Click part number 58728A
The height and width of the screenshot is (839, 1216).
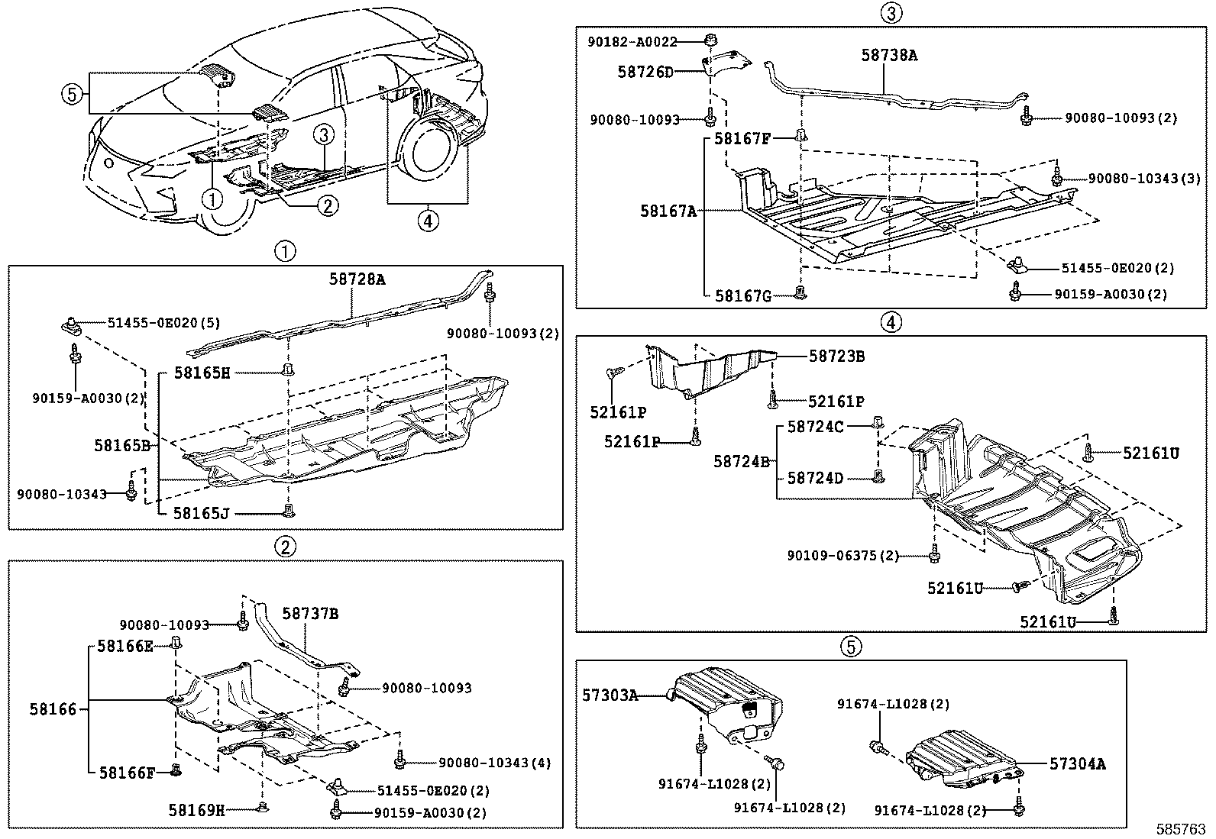(357, 279)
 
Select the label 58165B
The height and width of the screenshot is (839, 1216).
(121, 444)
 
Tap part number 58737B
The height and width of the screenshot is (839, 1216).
(310, 613)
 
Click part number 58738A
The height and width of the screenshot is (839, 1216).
(889, 55)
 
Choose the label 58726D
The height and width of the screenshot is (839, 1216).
(645, 72)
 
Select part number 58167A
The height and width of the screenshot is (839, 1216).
(668, 211)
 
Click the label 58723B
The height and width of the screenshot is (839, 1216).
(836, 357)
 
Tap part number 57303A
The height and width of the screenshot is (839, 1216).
(610, 695)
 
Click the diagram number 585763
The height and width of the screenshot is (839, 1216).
(1181, 828)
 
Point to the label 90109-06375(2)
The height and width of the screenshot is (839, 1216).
(843, 556)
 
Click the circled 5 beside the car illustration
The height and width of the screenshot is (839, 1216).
(70, 94)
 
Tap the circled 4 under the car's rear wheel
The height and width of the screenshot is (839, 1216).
(428, 221)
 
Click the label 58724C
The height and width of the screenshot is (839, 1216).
(815, 427)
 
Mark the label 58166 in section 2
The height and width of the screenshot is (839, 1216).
(53, 709)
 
